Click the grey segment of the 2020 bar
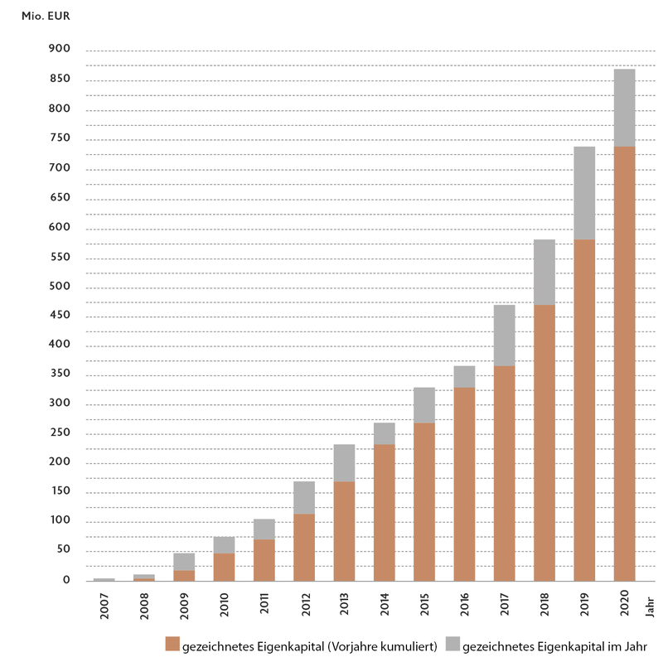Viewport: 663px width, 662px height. [624, 108]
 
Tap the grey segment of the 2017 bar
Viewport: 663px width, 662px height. [504, 335]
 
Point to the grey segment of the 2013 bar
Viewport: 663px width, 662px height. [344, 462]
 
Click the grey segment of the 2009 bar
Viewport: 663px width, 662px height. [184, 561]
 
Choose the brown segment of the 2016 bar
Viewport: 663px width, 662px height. [464, 484]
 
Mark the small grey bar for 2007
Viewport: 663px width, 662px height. [104, 579]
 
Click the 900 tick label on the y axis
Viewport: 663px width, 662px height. [60, 51]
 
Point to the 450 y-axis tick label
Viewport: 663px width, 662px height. [60, 316]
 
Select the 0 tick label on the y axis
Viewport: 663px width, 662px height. [67, 581]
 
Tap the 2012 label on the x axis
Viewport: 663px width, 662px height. [304, 604]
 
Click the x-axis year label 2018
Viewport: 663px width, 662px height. [544, 604]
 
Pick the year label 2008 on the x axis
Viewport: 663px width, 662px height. [144, 604]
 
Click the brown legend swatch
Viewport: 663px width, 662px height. [172, 644]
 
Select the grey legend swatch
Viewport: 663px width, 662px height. [452, 644]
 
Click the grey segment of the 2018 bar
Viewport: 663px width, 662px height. [544, 272]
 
